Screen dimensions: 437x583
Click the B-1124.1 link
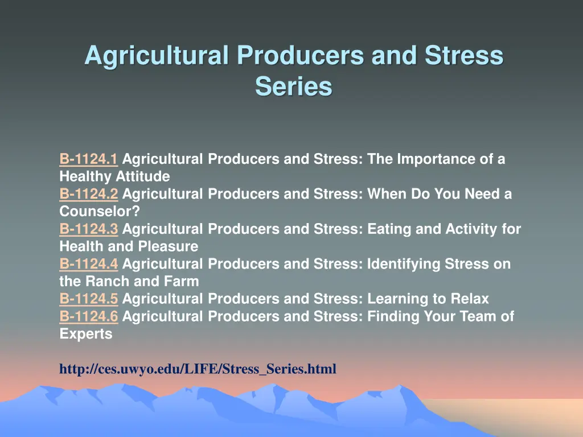[88, 159]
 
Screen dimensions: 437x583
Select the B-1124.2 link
[88, 195]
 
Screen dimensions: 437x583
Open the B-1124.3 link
[88, 229]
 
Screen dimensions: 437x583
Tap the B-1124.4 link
[88, 265]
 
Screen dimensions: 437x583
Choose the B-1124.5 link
[88, 299]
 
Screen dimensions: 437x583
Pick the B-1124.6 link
[88, 317]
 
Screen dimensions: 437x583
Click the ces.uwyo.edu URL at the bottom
[198, 369]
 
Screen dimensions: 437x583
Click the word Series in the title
[293, 86]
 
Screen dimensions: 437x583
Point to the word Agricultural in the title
[157, 56]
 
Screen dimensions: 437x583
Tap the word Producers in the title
[301, 56]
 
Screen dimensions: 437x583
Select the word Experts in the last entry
[86, 335]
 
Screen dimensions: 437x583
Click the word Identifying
[402, 265]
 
